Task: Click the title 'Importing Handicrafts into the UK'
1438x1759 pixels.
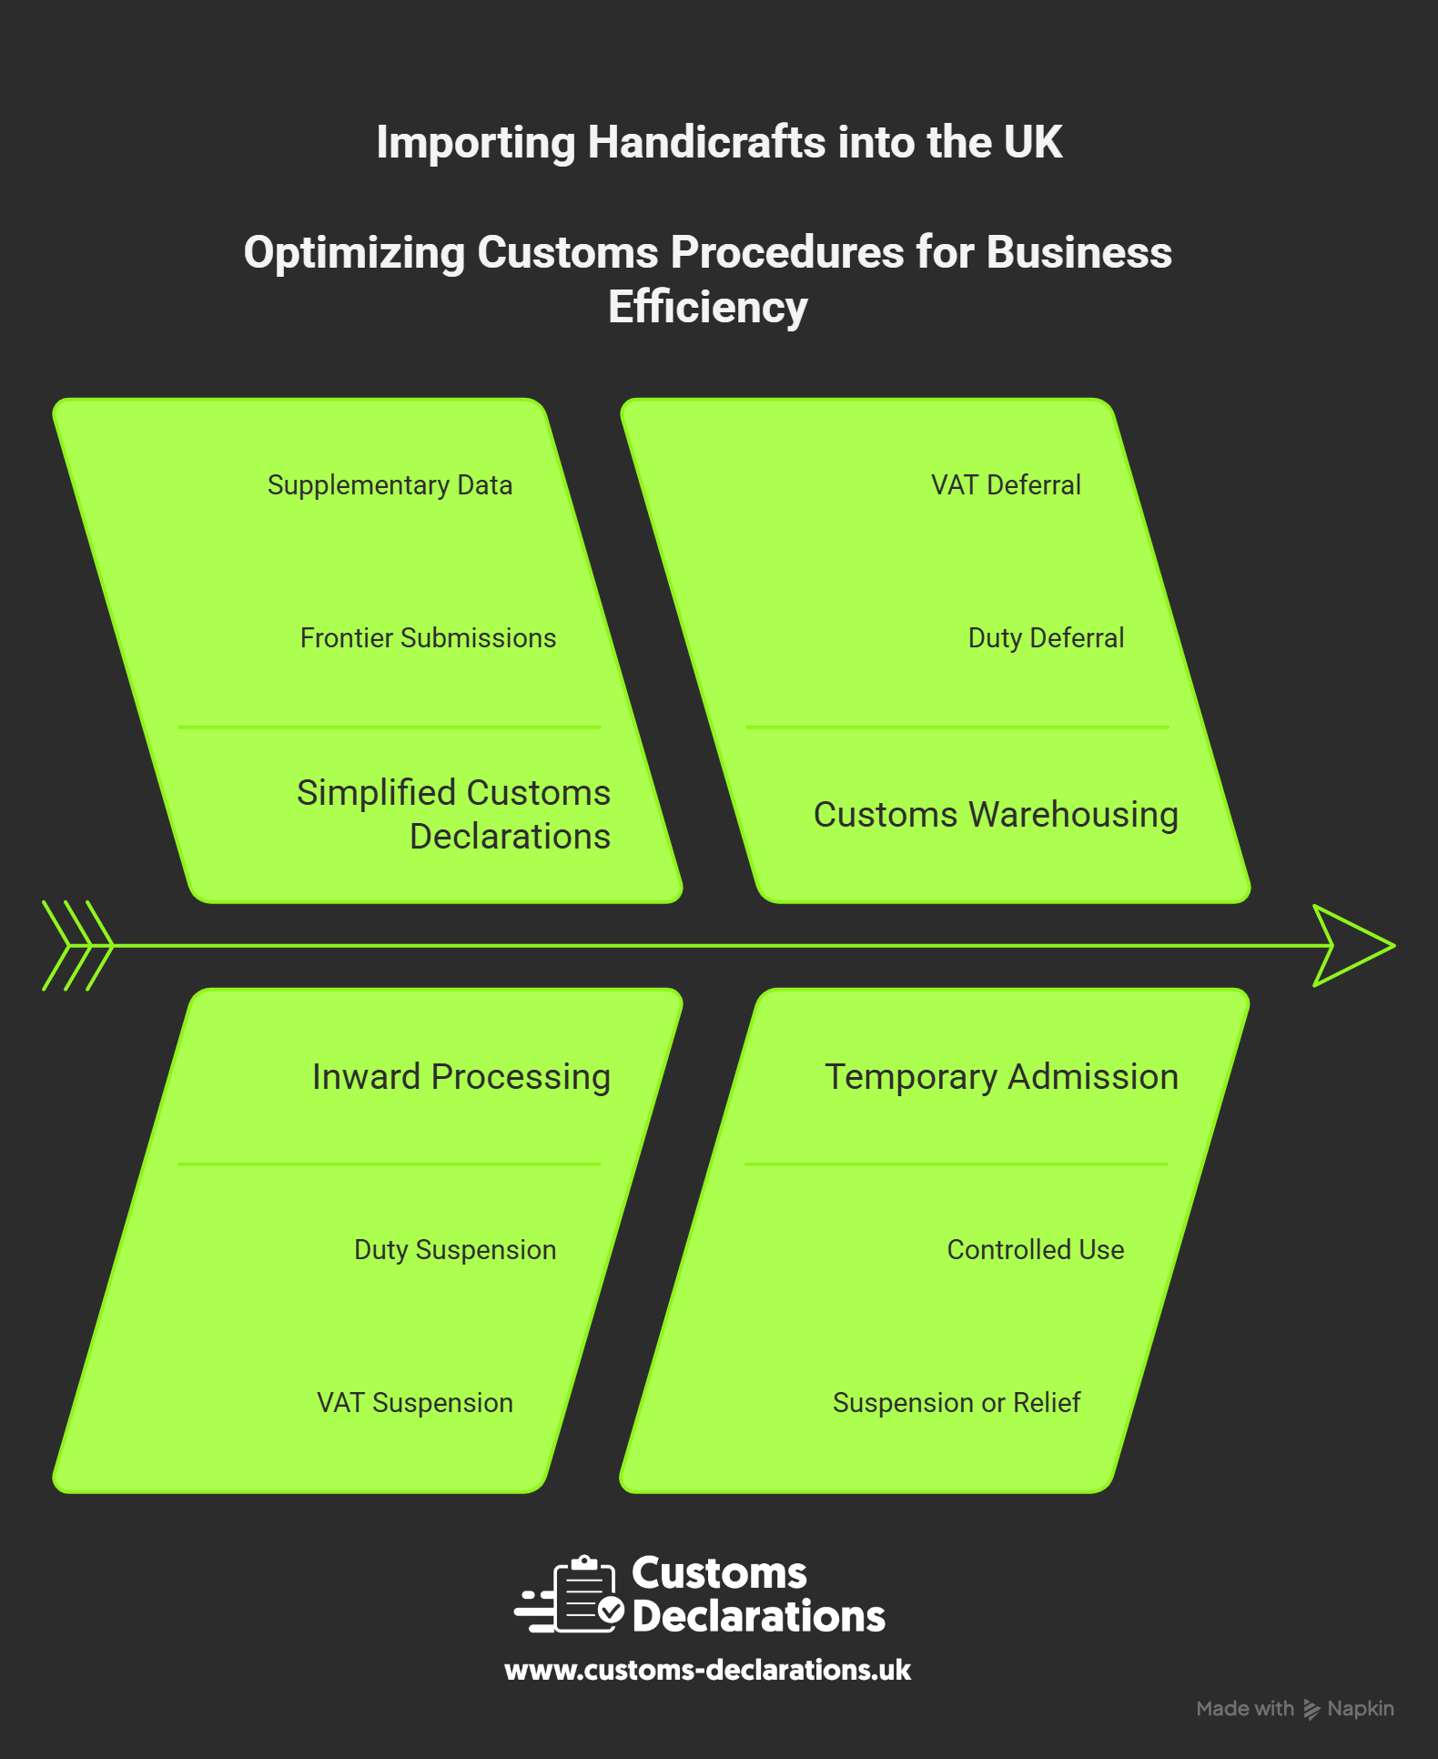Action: (719, 143)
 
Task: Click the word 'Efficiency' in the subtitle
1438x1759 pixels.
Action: (708, 308)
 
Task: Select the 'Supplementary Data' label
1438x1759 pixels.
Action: (390, 485)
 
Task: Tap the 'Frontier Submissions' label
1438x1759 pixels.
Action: (428, 638)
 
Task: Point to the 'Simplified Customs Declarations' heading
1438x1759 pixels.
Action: (454, 814)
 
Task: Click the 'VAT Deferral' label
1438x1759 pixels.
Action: (1006, 485)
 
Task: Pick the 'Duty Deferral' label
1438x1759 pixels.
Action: (1046, 638)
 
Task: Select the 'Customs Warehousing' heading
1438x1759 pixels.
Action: (996, 815)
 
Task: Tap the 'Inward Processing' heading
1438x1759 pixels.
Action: (461, 1077)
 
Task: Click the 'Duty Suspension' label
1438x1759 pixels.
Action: (455, 1250)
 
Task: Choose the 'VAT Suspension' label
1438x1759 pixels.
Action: (415, 1403)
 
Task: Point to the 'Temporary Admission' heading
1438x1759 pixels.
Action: (1002, 1077)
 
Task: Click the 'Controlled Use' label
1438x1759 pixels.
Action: (1036, 1250)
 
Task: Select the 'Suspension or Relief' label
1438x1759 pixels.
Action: (957, 1403)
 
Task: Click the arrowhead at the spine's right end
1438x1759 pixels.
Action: (1353, 946)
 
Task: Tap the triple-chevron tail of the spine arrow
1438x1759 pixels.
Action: (77, 946)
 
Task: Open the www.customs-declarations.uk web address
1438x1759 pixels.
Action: (708, 1670)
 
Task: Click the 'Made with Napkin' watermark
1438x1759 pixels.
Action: (1295, 1709)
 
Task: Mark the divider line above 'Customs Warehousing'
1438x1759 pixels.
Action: (957, 727)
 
